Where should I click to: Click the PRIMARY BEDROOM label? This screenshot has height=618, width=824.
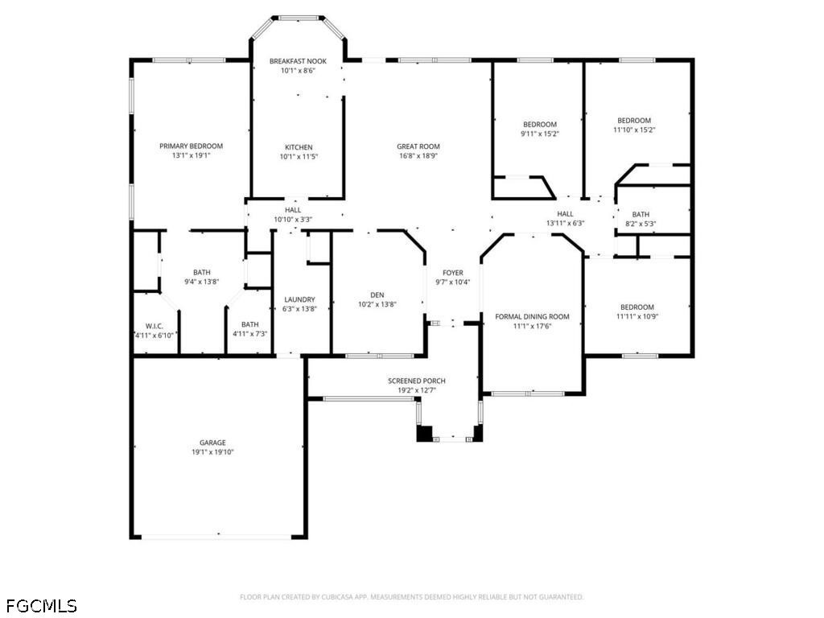tap(192, 146)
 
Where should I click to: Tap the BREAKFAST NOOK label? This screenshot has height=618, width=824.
tap(298, 61)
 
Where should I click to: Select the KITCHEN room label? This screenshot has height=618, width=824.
tap(299, 147)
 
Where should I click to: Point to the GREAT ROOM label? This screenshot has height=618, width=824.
tap(418, 146)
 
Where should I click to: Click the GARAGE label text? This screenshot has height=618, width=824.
tap(212, 443)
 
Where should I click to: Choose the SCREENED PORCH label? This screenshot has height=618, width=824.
tap(417, 381)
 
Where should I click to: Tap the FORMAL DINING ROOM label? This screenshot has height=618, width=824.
tap(533, 316)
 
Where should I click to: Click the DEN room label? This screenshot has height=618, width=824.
tap(377, 295)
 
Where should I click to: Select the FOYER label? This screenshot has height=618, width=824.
tap(452, 273)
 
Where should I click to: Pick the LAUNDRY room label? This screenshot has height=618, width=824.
tap(299, 299)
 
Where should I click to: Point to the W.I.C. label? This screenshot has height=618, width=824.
tap(154, 326)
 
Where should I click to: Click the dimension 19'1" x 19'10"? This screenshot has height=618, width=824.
tap(212, 452)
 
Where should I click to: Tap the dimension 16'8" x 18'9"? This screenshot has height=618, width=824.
tap(418, 155)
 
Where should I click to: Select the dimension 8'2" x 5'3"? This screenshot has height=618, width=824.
tap(641, 224)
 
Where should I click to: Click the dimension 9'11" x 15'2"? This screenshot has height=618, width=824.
tap(540, 134)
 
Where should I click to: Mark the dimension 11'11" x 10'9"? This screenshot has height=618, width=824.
tap(637, 316)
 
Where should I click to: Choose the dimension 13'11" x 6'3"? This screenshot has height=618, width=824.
tap(565, 223)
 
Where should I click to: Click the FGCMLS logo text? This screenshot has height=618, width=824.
tap(42, 605)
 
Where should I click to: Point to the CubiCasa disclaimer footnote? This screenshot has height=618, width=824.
tap(411, 597)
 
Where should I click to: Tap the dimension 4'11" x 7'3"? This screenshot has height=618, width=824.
tap(250, 334)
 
